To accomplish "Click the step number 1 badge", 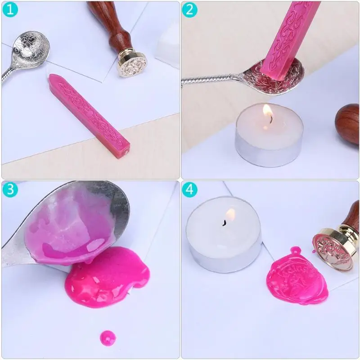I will (9, 9).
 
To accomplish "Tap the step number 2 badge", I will (189, 9).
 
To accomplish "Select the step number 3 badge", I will (9, 189).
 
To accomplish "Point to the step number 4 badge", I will (189, 189).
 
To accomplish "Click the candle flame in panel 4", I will (230, 215).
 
